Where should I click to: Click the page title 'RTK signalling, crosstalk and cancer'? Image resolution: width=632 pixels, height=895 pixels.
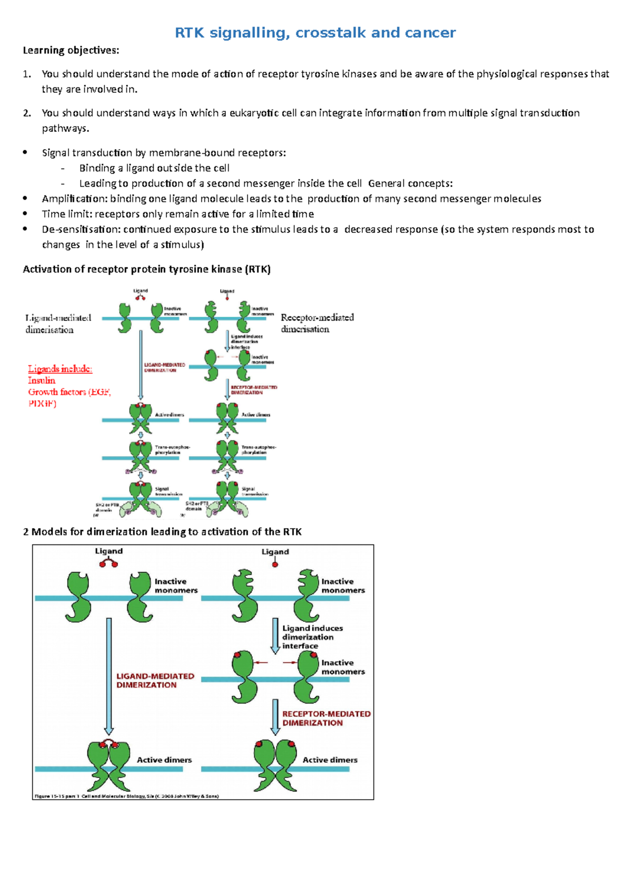point(315,33)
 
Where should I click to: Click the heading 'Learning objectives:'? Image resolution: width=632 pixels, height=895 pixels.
point(71,51)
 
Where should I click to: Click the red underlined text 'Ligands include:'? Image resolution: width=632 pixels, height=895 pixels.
point(60,369)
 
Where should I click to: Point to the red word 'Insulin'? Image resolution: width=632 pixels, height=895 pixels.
point(42,381)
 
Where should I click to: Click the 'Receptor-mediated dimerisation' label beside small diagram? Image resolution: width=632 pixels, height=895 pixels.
point(317,323)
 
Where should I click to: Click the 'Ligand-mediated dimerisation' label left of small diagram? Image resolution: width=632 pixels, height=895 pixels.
point(58,324)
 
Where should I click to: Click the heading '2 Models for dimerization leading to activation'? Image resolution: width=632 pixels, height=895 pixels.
point(162,532)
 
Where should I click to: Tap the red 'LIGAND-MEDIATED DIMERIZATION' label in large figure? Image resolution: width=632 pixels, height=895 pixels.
point(155,680)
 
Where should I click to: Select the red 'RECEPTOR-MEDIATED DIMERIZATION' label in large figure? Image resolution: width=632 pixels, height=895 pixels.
point(326,718)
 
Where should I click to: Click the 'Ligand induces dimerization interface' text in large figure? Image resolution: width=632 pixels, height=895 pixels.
point(312,637)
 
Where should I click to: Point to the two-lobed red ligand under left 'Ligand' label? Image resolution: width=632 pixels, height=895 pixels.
point(108,563)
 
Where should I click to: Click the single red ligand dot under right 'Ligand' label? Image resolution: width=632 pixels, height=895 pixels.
point(275,565)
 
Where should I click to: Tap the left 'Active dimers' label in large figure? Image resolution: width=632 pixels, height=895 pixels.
point(164,760)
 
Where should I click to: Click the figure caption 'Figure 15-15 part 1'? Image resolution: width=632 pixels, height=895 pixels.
point(126,796)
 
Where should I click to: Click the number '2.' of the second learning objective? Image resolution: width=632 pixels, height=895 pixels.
point(27,113)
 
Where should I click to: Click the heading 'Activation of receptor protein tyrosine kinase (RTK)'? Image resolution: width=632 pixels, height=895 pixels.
point(146,269)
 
